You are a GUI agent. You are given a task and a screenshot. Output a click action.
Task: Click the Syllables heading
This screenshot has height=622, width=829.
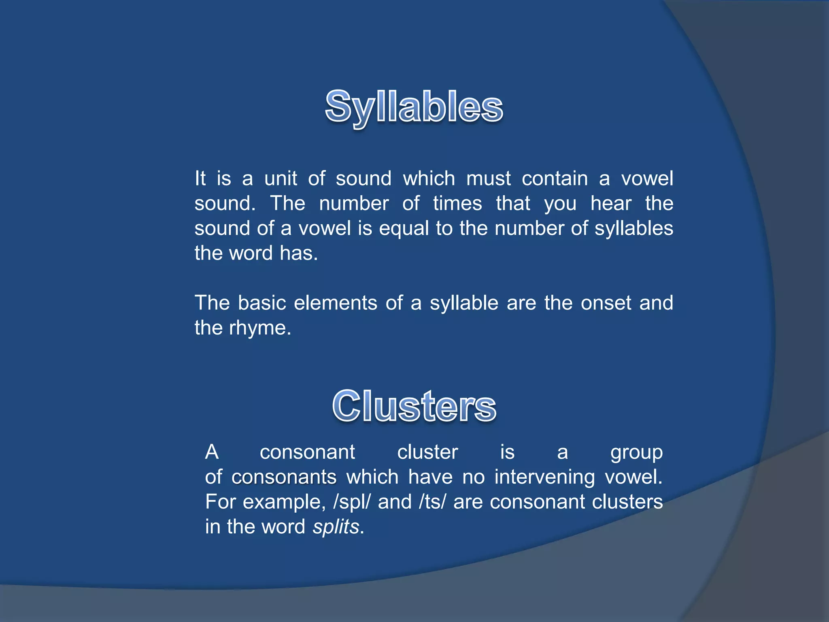[414, 107]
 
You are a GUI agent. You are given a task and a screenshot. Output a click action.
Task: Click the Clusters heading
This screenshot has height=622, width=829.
[414, 406]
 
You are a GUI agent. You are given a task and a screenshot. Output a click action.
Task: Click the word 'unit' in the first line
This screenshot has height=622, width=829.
[281, 179]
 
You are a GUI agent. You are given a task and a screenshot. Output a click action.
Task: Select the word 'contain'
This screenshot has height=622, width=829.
[555, 179]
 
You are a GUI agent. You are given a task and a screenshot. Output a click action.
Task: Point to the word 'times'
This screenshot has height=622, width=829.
[457, 203]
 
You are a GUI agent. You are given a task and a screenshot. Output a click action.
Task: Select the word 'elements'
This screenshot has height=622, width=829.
[336, 303]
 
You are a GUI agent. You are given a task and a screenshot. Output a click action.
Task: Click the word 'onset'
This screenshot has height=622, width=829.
[606, 303]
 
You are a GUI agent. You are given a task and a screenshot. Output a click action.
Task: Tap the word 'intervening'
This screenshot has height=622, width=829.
[544, 477]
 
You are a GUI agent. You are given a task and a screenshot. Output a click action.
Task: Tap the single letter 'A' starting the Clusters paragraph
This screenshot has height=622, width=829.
[212, 452]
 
